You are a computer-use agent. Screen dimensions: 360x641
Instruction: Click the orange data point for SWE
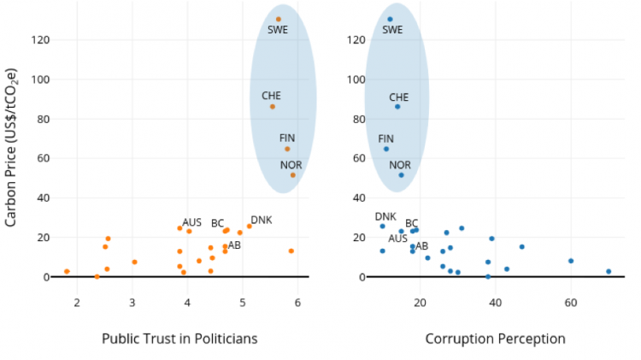pyautogui.click(x=279, y=19)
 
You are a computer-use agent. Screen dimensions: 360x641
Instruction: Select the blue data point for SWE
pyautogui.click(x=390, y=19)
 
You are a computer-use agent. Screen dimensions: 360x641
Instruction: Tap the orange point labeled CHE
pyautogui.click(x=273, y=106)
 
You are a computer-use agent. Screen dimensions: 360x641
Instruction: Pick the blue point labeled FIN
pyautogui.click(x=385, y=149)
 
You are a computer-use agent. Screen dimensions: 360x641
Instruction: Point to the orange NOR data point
pyautogui.click(x=292, y=175)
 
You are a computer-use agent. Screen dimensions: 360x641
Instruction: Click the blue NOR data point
pyautogui.click(x=401, y=175)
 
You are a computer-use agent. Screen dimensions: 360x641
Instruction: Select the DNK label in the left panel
pyautogui.click(x=261, y=220)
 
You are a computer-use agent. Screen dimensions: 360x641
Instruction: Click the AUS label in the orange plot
pyautogui.click(x=192, y=222)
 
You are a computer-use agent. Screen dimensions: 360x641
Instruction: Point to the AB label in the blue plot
pyautogui.click(x=421, y=246)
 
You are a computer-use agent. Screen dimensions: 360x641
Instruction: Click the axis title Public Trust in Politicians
pyautogui.click(x=179, y=339)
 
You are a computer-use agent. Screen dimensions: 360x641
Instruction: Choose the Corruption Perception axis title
pyautogui.click(x=496, y=339)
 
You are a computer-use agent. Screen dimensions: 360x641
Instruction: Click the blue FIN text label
pyautogui.click(x=385, y=139)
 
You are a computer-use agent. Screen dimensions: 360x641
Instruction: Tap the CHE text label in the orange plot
pyautogui.click(x=271, y=96)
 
